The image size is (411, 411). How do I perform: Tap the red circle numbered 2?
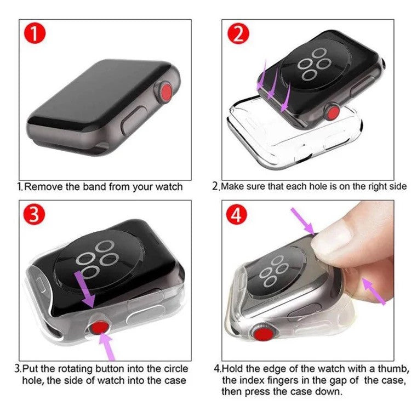[x=238, y=36]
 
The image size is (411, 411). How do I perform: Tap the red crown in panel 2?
[x=332, y=113]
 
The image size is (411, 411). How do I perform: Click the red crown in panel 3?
[x=99, y=329]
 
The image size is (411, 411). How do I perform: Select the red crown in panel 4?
[x=260, y=333]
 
